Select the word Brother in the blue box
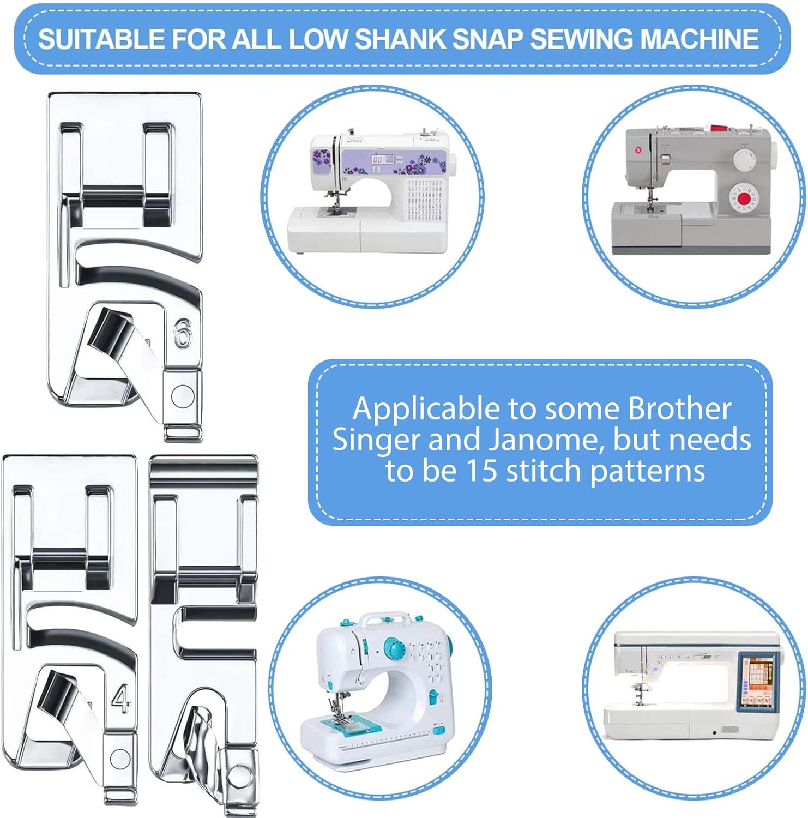pos(679,408)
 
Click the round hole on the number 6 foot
pos(182,395)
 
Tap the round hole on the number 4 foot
pos(120,759)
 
